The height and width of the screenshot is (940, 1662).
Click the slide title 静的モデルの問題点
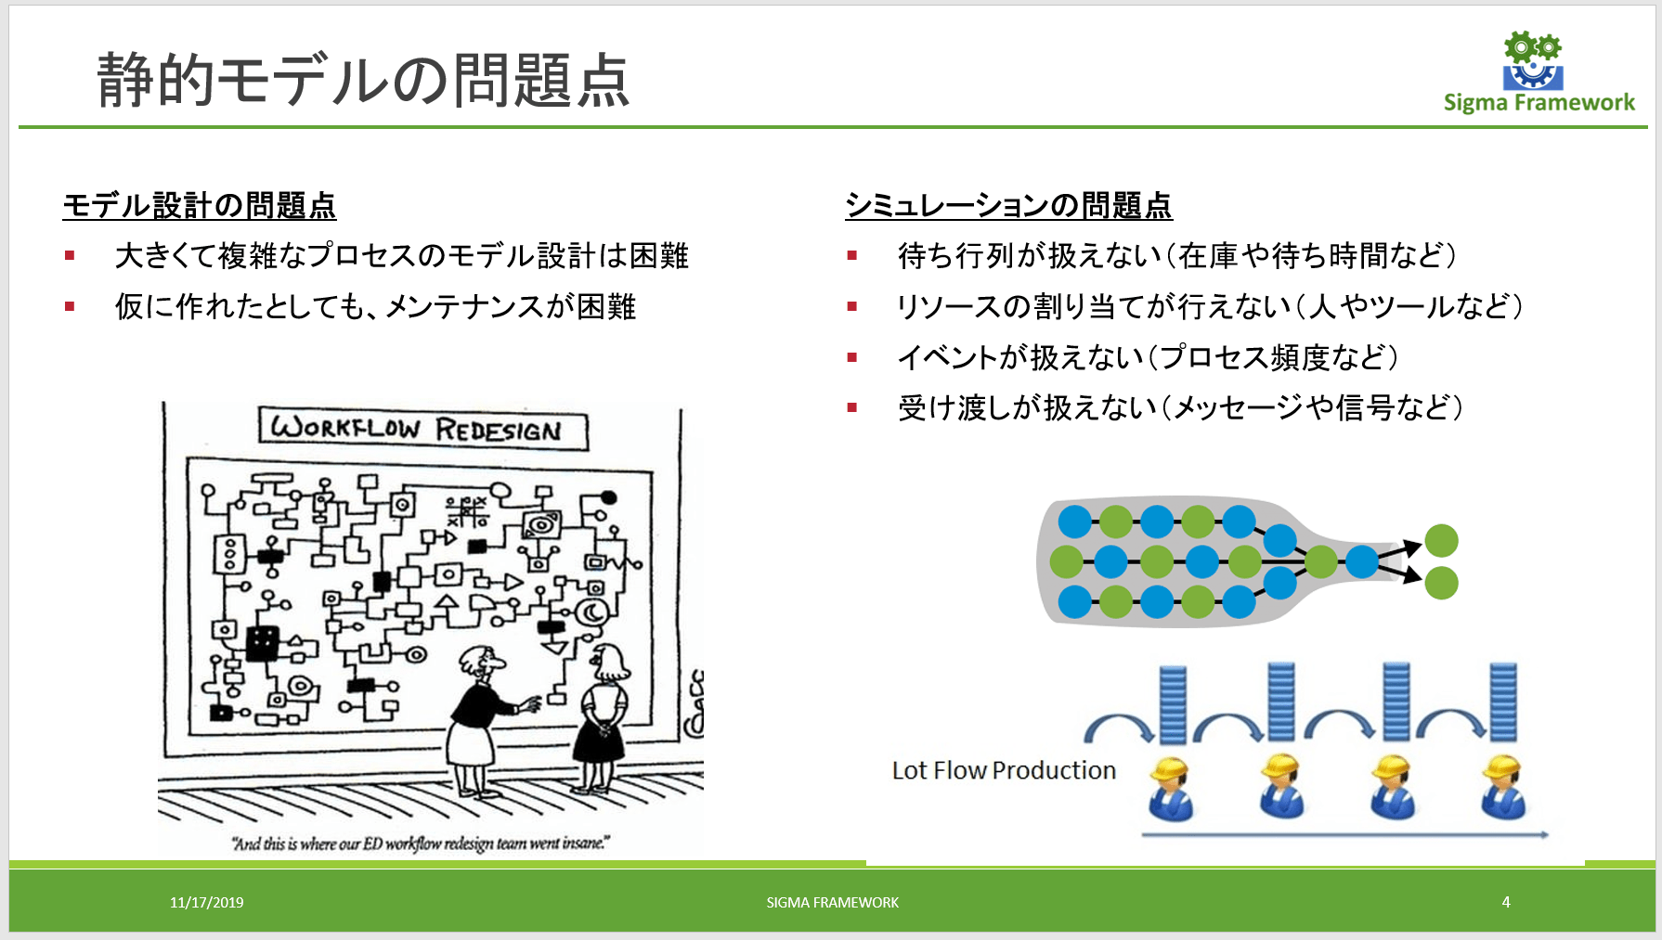click(363, 80)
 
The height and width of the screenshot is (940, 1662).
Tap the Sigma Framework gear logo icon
click(1532, 61)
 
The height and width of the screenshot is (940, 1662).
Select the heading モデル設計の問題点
click(200, 205)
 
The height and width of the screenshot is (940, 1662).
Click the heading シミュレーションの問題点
click(1008, 205)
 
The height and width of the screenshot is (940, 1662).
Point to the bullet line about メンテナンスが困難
click(375, 306)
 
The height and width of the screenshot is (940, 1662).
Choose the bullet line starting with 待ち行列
click(1176, 255)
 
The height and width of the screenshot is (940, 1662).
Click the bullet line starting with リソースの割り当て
click(1209, 306)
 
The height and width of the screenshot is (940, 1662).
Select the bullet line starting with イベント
click(1147, 357)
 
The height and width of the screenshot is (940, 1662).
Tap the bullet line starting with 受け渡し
click(1179, 407)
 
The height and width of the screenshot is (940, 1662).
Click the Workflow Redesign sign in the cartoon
click(422, 430)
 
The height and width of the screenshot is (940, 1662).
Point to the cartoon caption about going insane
click(421, 843)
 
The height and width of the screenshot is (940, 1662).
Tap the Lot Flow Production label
click(1004, 770)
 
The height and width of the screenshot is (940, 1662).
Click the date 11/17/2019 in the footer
click(206, 902)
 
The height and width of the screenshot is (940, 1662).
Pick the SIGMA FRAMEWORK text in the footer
click(832, 902)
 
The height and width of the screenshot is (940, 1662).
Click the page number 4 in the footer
click(1506, 901)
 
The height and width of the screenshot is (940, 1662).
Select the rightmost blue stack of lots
click(1502, 702)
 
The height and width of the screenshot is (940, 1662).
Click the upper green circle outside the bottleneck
click(1441, 540)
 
